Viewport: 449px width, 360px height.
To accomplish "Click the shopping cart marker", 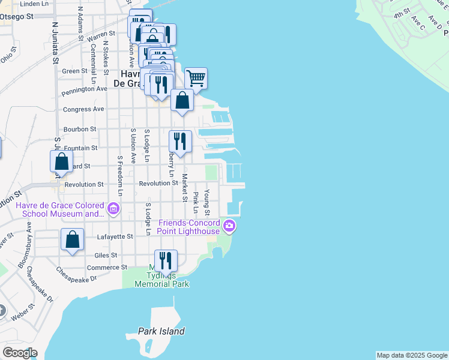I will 196,79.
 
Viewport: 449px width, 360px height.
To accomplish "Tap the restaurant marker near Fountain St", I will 180,142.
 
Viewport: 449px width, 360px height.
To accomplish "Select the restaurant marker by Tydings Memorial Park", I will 166,261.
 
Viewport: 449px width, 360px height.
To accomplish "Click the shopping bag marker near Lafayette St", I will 72,240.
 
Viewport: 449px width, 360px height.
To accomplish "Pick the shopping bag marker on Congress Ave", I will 182,101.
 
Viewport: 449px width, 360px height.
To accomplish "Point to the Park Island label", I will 161,331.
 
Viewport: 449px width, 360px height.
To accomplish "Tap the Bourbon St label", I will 80,129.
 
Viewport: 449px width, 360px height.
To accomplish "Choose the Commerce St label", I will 107,268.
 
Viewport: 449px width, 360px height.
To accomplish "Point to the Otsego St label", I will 15,16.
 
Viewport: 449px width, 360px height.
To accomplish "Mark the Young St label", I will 207,203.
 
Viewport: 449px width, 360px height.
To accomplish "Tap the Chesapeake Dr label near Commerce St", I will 76,279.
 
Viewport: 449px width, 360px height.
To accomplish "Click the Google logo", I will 20,353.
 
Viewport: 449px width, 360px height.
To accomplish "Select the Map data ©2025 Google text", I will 411,355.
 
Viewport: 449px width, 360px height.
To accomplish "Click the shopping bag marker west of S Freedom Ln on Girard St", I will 61,161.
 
